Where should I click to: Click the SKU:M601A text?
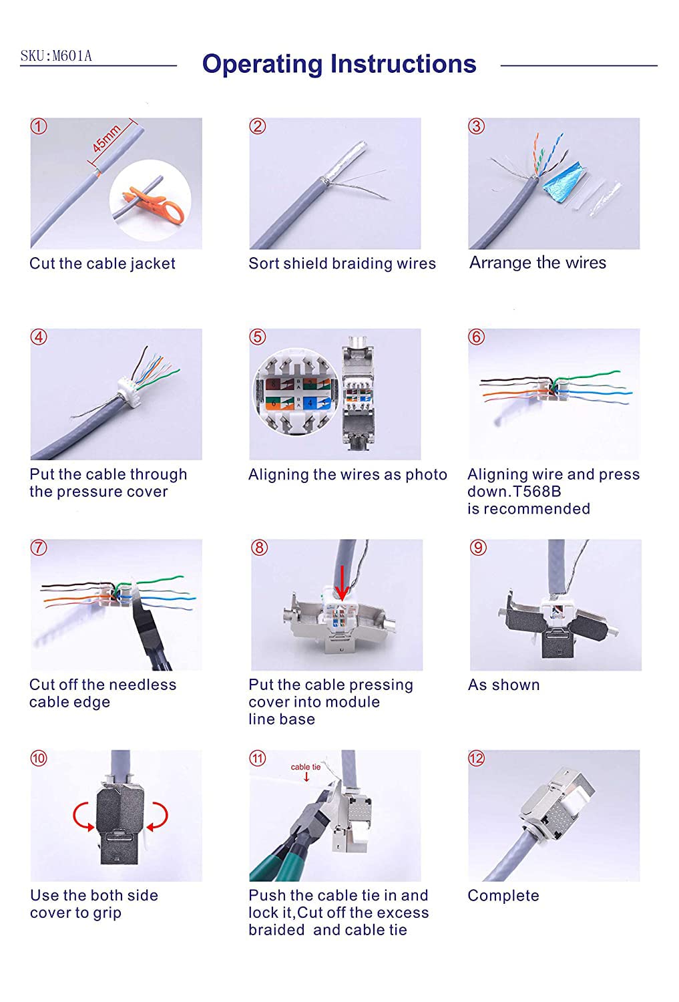coord(56,56)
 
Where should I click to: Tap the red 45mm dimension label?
coord(106,140)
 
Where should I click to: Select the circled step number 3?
coord(476,126)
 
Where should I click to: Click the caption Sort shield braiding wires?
coord(342,264)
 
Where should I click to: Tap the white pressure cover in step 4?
coord(127,388)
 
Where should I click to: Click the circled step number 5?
coord(257,337)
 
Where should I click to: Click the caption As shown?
coord(503,685)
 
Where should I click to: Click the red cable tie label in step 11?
coord(305,768)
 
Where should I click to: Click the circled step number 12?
coord(476,758)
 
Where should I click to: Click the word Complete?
coord(503,896)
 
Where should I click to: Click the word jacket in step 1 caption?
coord(152,264)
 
